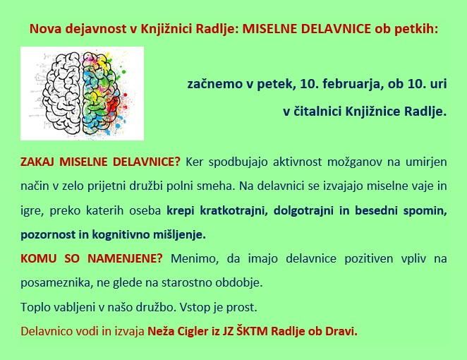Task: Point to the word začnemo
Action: tap(214, 84)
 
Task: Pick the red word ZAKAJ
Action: tap(37, 162)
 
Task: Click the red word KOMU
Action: tap(38, 258)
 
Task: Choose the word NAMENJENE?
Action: tap(125, 258)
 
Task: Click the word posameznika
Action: tap(56, 283)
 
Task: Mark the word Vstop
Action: tap(195, 307)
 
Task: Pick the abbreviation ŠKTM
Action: tap(252, 331)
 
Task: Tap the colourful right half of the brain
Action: tap(101, 93)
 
